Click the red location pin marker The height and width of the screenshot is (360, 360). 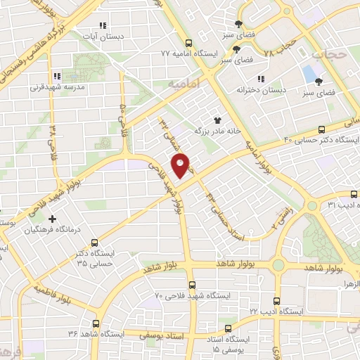pos(181,166)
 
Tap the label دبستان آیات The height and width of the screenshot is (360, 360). pos(120,34)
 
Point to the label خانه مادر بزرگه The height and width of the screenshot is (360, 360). pos(221,131)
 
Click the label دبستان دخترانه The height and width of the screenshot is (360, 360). pos(257,90)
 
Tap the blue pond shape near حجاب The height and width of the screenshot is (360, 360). pos(309,72)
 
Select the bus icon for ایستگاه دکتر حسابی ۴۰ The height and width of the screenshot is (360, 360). pos(322,129)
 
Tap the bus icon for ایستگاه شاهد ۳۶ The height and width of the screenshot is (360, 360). pos(96,324)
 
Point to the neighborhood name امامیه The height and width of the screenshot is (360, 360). pos(184,83)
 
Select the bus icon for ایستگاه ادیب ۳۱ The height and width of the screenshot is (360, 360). pos(353,194)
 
